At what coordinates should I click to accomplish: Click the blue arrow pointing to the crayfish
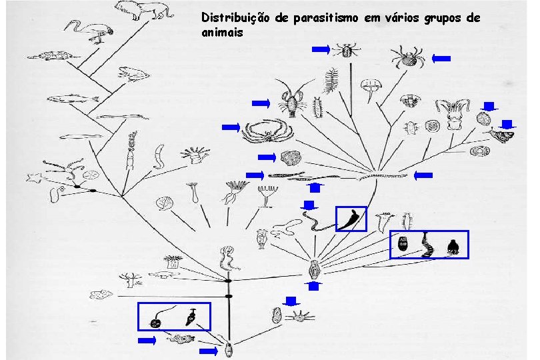tap(261, 103)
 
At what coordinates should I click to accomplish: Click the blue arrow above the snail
tap(508, 123)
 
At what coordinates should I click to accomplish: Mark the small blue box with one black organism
tap(351, 218)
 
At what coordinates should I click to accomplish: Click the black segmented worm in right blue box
tap(427, 245)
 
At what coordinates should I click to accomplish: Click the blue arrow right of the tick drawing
tap(441, 59)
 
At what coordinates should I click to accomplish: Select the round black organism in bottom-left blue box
tap(156, 323)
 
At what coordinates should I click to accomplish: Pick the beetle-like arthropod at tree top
tap(347, 50)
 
